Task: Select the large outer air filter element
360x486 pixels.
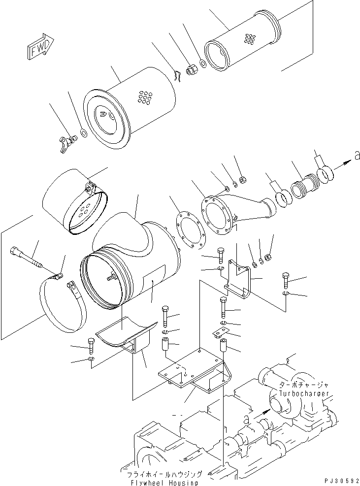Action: pos(131,113)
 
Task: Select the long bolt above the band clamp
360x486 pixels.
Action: pos(29,259)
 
